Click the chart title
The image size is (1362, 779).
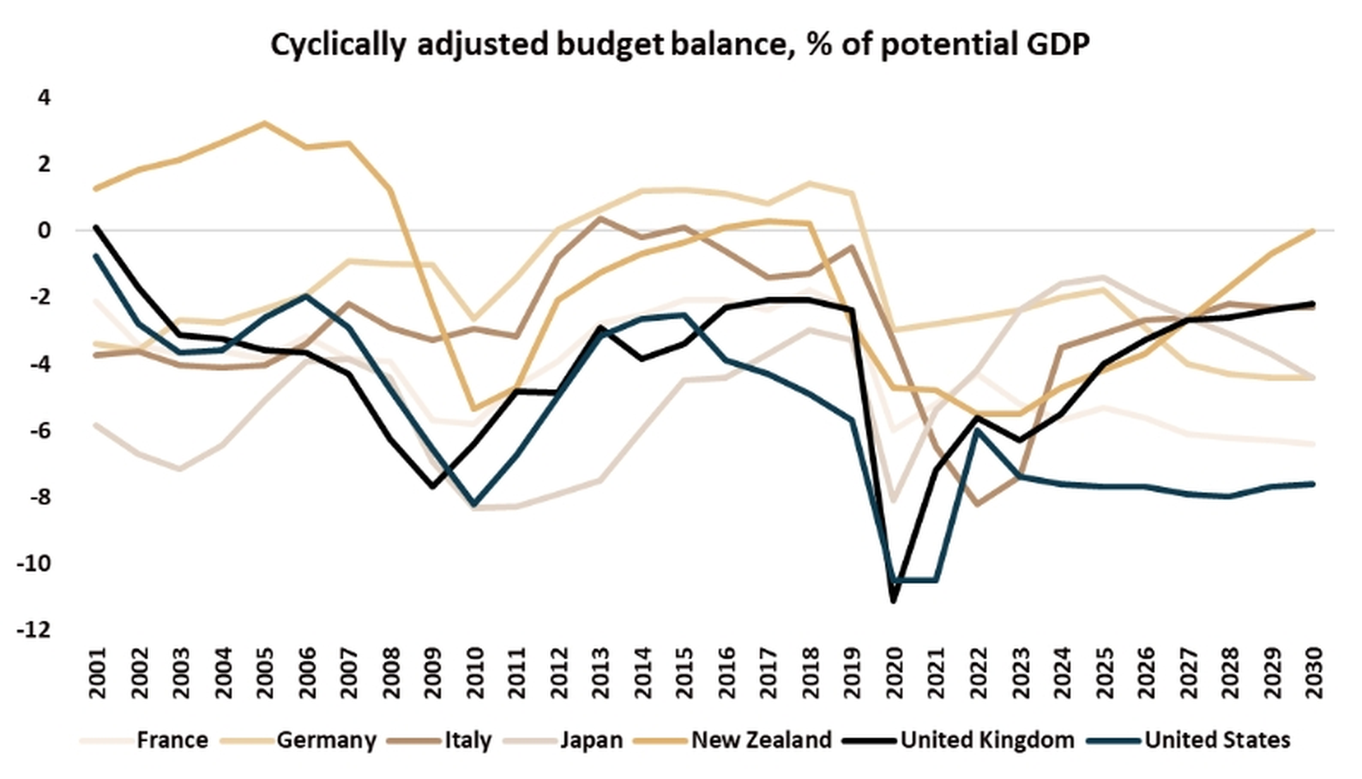[x=680, y=45]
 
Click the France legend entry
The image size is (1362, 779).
[x=172, y=740]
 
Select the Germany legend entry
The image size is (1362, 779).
[x=326, y=740]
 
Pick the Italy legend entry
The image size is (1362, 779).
[x=467, y=740]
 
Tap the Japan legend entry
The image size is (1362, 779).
[x=591, y=740]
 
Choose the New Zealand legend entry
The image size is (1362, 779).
[x=761, y=740]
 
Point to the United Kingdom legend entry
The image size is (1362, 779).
[x=986, y=740]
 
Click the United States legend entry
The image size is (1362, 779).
[x=1217, y=740]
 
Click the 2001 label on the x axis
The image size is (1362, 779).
[x=97, y=673]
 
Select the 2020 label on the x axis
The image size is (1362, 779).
[x=893, y=673]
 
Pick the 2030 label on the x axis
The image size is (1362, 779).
[x=1312, y=673]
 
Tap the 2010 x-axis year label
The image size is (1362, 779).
[x=474, y=673]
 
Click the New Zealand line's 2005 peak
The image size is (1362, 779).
[x=264, y=123]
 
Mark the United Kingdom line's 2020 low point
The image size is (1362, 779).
[x=893, y=601]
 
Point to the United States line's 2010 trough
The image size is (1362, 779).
[x=474, y=504]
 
